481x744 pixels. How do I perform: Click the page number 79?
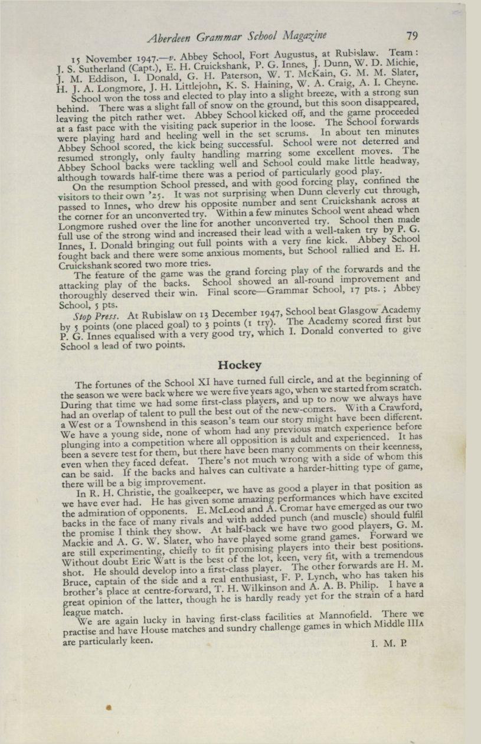click(x=411, y=35)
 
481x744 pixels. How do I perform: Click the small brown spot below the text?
click(x=109, y=706)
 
